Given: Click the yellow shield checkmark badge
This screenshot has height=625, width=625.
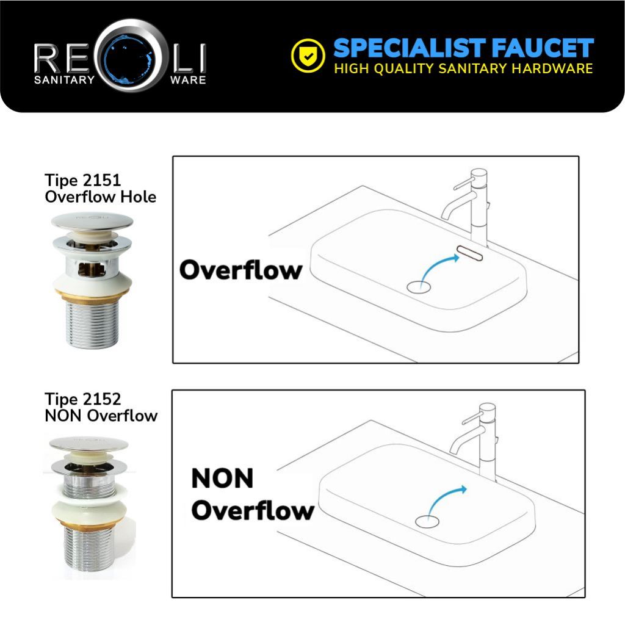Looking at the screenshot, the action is click(308, 56).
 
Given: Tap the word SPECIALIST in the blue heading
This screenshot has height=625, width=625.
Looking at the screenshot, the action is click(409, 48).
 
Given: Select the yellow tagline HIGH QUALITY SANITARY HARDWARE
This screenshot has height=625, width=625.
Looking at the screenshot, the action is click(463, 68).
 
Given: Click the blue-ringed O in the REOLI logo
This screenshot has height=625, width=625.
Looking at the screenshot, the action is click(131, 56).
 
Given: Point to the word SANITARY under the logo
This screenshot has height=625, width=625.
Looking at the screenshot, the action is click(64, 80).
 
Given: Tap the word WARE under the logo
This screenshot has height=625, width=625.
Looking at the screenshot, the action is click(188, 80).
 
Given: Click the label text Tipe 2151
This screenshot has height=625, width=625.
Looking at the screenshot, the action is click(82, 180).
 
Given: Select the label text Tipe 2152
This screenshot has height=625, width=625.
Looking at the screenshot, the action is click(82, 399).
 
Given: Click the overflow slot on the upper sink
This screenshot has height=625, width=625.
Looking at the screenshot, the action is click(469, 253).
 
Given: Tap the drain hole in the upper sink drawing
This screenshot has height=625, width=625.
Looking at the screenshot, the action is click(419, 287).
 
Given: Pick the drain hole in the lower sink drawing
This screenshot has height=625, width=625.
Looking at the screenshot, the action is click(427, 521).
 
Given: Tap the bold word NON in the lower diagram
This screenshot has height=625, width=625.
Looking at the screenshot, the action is click(222, 479).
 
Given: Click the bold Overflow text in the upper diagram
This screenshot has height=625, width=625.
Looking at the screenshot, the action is click(240, 270).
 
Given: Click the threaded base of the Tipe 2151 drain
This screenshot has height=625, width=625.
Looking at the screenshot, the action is click(92, 323).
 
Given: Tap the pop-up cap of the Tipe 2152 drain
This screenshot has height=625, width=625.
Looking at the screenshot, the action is click(89, 444).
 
